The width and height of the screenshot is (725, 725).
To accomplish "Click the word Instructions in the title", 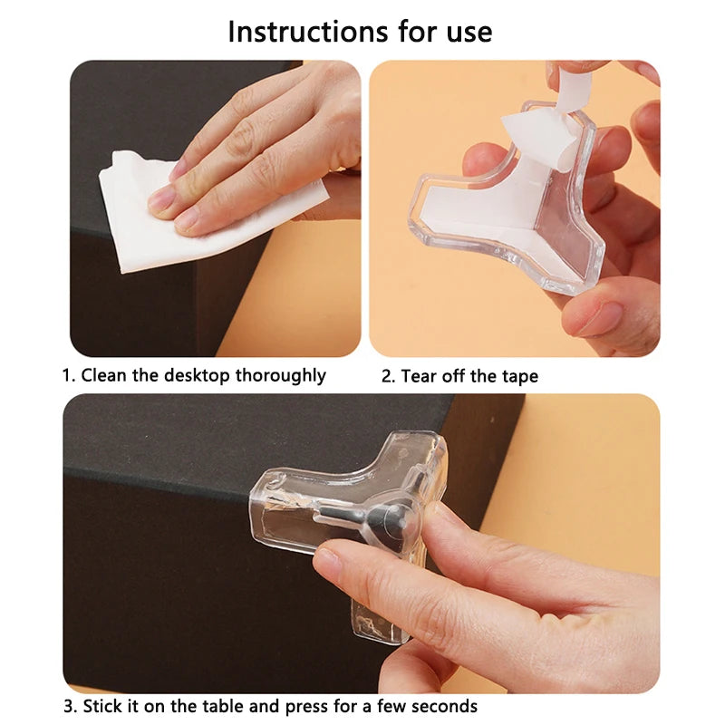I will (299, 32).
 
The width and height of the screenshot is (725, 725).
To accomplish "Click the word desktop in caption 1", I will (197, 375).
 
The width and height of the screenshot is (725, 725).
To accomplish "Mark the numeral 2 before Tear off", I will (385, 375).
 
